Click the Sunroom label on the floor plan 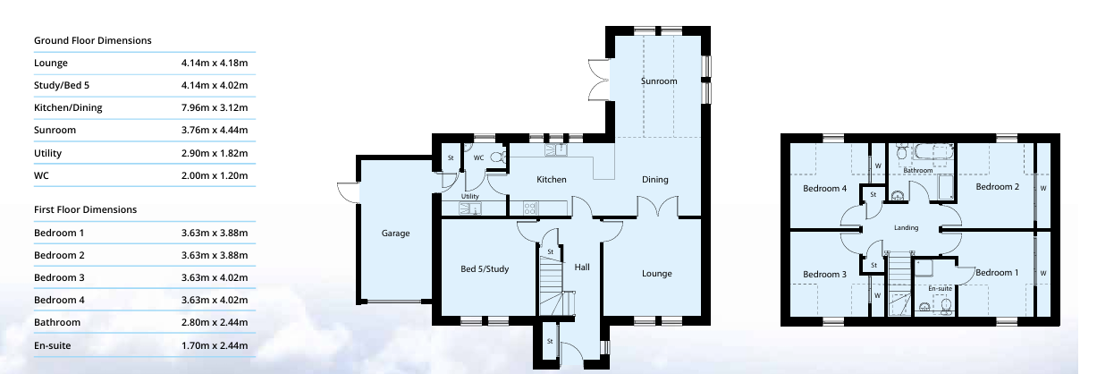coord(659,81)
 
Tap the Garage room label coord(395,234)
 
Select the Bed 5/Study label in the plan coord(485,268)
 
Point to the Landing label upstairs coord(906,227)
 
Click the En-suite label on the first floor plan coord(940,288)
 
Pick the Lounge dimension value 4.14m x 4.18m coord(215,63)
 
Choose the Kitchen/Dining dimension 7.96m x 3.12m coord(215,107)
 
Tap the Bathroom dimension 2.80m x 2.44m coord(215,322)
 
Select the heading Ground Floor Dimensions coord(93,40)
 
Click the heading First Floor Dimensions coord(85,209)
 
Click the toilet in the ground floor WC coord(498,157)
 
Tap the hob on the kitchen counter coord(530,208)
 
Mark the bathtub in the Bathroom coord(934,151)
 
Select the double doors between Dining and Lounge coord(658,207)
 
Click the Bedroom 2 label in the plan coord(997,187)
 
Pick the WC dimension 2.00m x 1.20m coord(215,175)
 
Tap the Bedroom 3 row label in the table coord(59,277)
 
